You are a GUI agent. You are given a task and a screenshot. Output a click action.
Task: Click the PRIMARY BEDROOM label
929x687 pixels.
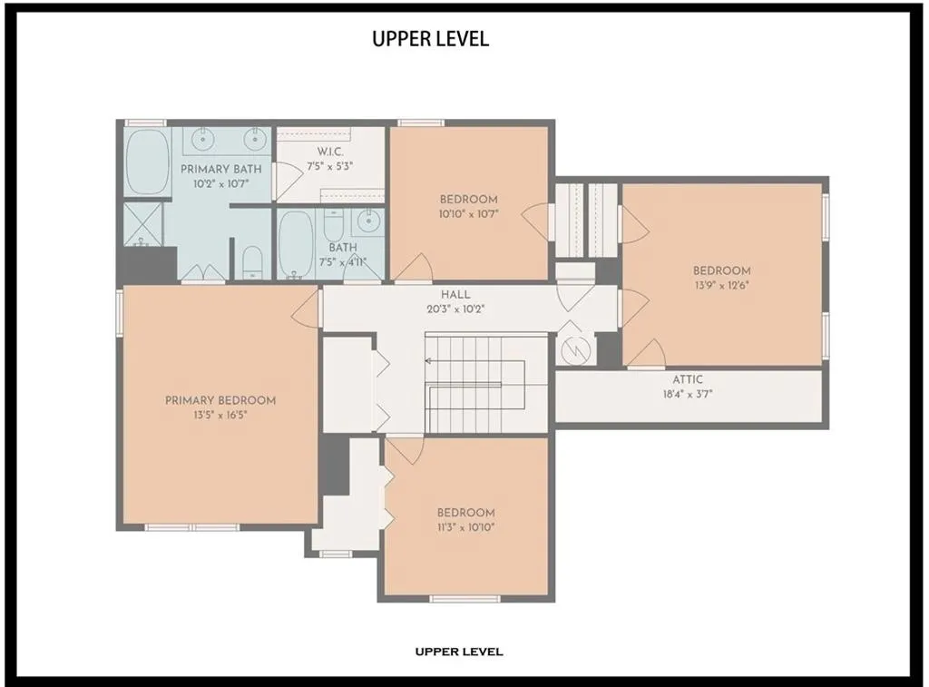point(220,401)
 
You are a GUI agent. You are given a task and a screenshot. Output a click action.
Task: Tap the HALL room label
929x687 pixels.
point(455,295)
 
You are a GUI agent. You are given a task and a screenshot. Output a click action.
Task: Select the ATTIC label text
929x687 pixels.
point(688,379)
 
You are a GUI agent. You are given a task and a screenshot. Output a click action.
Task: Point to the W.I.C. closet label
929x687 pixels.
point(330,152)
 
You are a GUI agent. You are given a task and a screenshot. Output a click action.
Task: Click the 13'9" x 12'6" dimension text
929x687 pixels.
point(722,285)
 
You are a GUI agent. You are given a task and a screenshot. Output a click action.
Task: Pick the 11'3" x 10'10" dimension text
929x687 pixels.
point(465,527)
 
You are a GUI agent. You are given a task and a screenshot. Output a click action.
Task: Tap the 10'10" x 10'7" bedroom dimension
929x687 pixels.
point(469,214)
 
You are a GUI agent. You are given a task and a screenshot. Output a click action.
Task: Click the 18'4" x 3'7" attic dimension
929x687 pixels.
point(688,394)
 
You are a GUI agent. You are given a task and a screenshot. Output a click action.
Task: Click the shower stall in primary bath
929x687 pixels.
point(142,224)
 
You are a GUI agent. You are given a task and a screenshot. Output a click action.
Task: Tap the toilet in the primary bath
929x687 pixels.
point(253,262)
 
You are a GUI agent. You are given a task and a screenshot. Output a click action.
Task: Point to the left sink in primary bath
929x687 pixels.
point(203,138)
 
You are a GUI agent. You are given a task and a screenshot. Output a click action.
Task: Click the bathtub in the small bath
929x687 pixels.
point(295,244)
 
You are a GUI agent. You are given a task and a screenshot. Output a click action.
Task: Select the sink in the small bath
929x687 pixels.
point(368,221)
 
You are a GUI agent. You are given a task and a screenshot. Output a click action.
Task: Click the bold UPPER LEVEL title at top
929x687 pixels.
point(431,38)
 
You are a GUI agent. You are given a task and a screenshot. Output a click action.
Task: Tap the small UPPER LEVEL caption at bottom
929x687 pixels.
point(459,652)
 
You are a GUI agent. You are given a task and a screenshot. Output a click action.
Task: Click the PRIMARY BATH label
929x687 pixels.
point(221,170)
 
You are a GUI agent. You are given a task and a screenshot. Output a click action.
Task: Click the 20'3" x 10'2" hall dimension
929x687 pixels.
point(455,309)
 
